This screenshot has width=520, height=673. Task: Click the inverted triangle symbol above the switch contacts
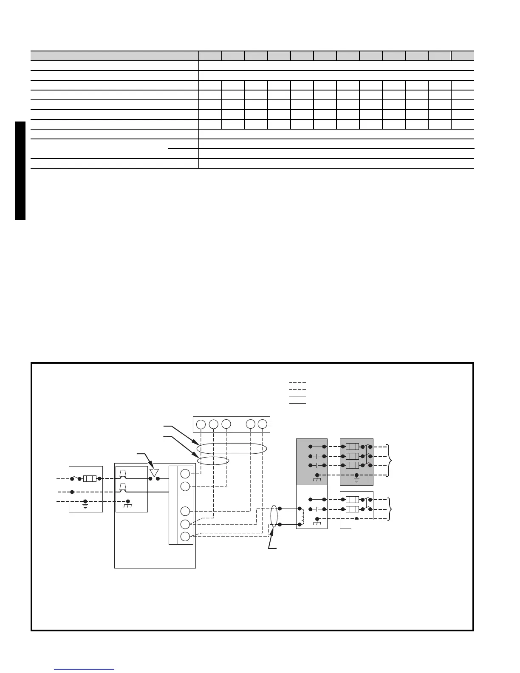[x=154, y=472]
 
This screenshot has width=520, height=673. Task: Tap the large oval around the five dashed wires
[x=232, y=449]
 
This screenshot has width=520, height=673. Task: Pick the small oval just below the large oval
[x=213, y=461]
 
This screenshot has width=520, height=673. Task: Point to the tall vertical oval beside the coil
[x=274, y=516]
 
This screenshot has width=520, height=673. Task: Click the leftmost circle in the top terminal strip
[x=201, y=424]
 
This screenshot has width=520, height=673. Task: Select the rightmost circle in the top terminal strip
[x=263, y=424]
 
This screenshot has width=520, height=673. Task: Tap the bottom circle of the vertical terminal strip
[x=185, y=536]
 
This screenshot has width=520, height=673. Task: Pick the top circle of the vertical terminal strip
[x=185, y=474]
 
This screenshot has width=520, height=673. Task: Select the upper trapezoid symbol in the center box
[x=123, y=474]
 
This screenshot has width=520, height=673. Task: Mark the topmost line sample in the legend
[x=297, y=383]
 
